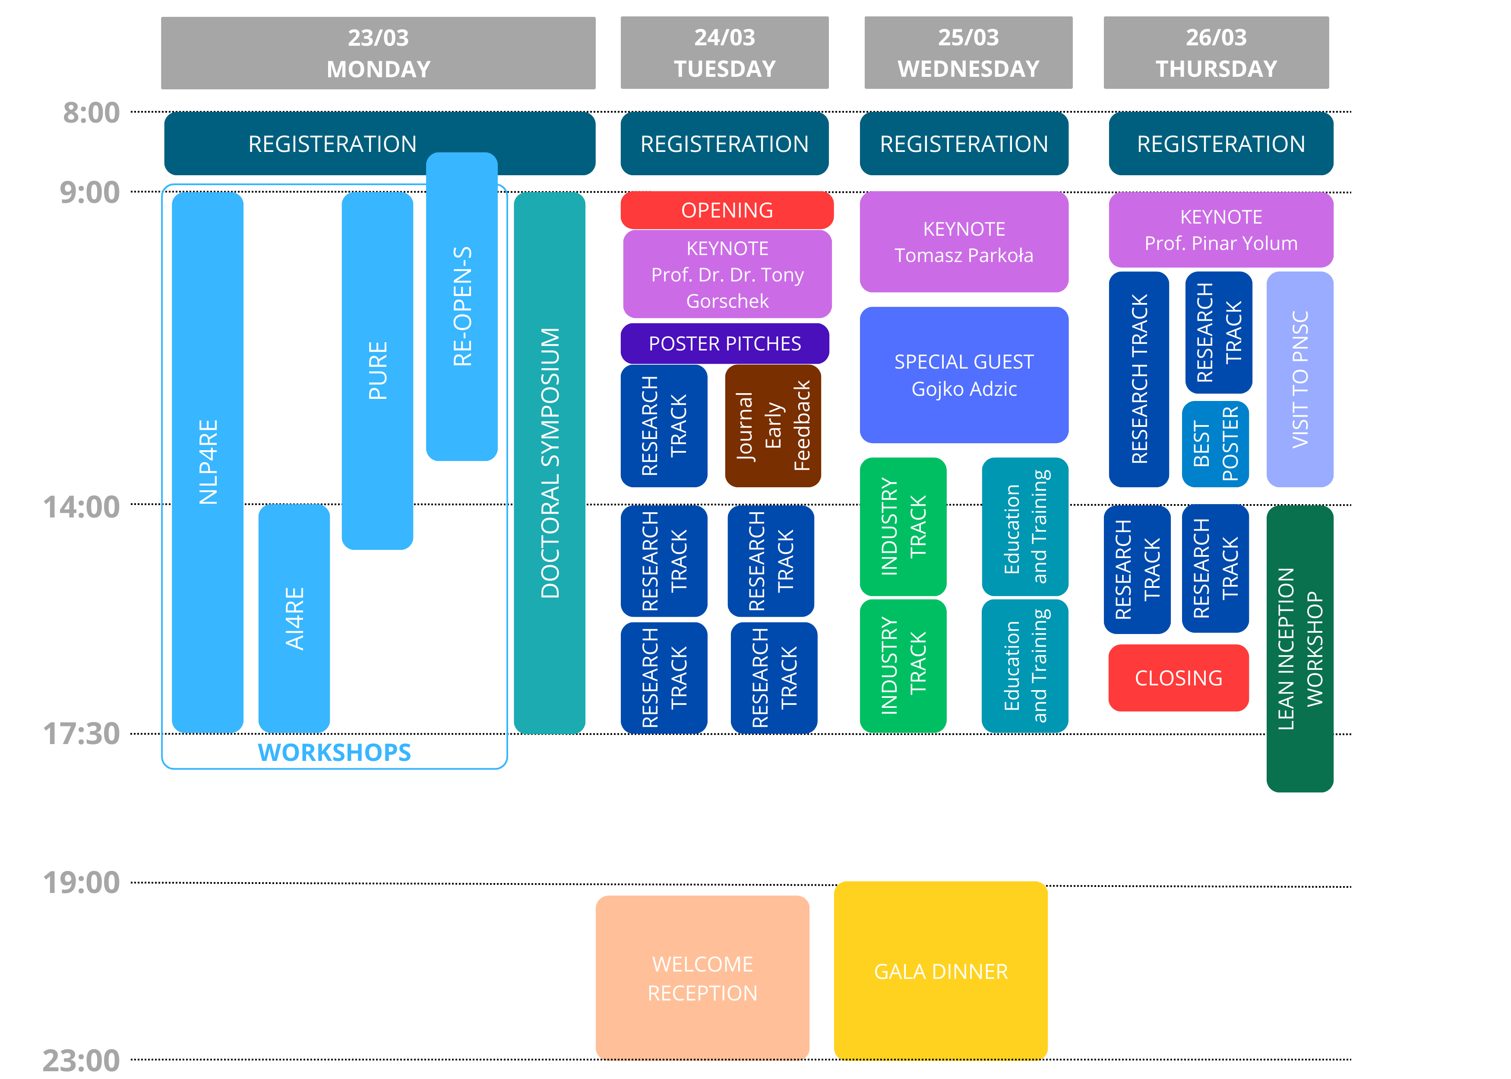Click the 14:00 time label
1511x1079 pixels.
coord(81,507)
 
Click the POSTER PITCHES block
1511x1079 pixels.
coord(724,344)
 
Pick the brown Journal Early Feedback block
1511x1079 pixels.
coord(773,426)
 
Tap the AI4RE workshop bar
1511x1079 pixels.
coord(294,618)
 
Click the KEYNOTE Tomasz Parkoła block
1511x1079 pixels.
coord(964,242)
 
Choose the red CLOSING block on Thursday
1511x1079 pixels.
coord(1178,678)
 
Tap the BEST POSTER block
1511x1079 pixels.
coord(1215,444)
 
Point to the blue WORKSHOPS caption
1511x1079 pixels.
coord(334,752)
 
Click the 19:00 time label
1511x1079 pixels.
coord(81,882)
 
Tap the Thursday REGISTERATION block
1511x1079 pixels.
coord(1220,144)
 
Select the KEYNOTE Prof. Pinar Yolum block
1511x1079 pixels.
coord(1220,230)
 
